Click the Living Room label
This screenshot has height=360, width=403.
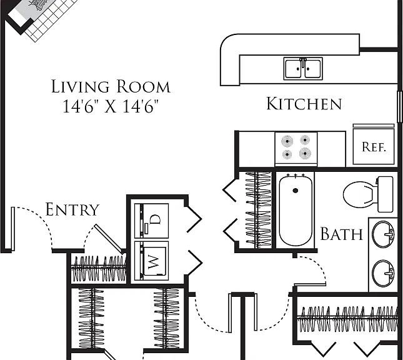coord(111,86)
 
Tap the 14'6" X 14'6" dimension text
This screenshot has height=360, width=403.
coord(111,106)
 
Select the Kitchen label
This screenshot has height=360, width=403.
coord(304,104)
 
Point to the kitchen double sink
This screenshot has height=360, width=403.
coord(303,69)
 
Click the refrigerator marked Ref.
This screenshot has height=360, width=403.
coord(374,146)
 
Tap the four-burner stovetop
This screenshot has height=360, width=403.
coord(296,147)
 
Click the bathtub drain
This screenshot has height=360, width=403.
coord(296,191)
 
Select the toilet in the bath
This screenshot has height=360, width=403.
coord(368,194)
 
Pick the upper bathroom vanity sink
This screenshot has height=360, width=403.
coord(383,234)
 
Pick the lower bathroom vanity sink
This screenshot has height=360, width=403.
coord(383,273)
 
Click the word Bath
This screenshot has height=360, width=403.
coord(342,234)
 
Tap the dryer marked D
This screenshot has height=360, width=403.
coord(151,221)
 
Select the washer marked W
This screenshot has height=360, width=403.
coord(151,261)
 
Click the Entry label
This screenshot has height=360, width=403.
coord(72,209)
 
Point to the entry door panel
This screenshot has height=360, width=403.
coord(13,229)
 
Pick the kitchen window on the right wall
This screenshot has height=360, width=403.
coord(399,107)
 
